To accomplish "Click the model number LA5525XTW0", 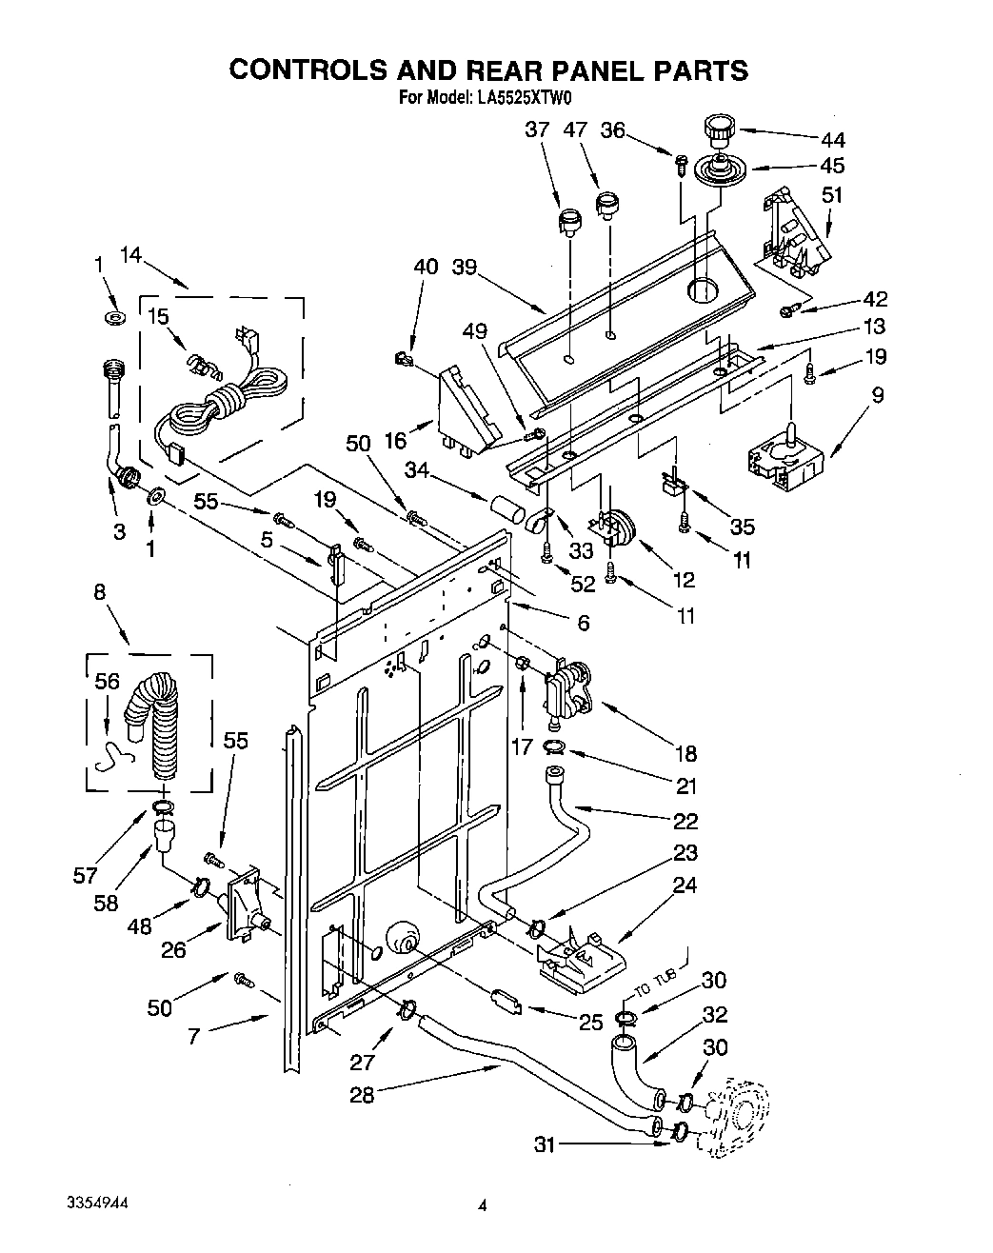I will (523, 97).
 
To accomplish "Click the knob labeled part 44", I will (716, 129).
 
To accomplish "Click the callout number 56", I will (108, 682).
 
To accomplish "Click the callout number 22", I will (685, 821).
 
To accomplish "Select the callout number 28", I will (362, 1095).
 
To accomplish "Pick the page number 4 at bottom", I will (483, 1206).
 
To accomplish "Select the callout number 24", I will (685, 885).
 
